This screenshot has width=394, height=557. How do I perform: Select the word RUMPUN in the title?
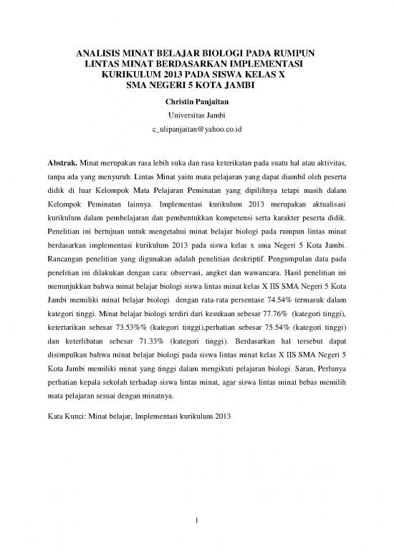pos(292,53)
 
